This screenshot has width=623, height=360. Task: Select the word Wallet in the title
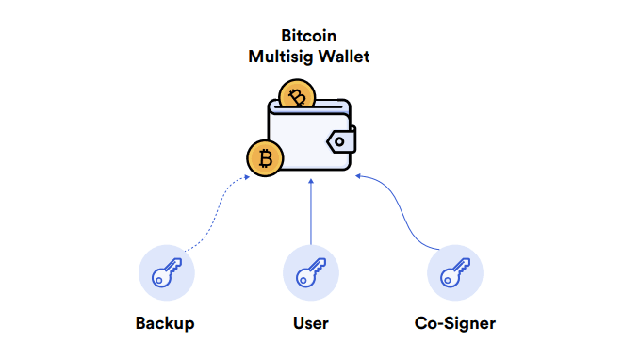[344, 57]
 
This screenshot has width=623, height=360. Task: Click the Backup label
[165, 324]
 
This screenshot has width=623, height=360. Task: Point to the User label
[311, 324]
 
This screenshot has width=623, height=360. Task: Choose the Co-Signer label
[455, 324]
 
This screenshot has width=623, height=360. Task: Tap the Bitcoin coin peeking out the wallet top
[299, 94]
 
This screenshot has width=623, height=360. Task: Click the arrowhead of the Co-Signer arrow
[360, 175]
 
